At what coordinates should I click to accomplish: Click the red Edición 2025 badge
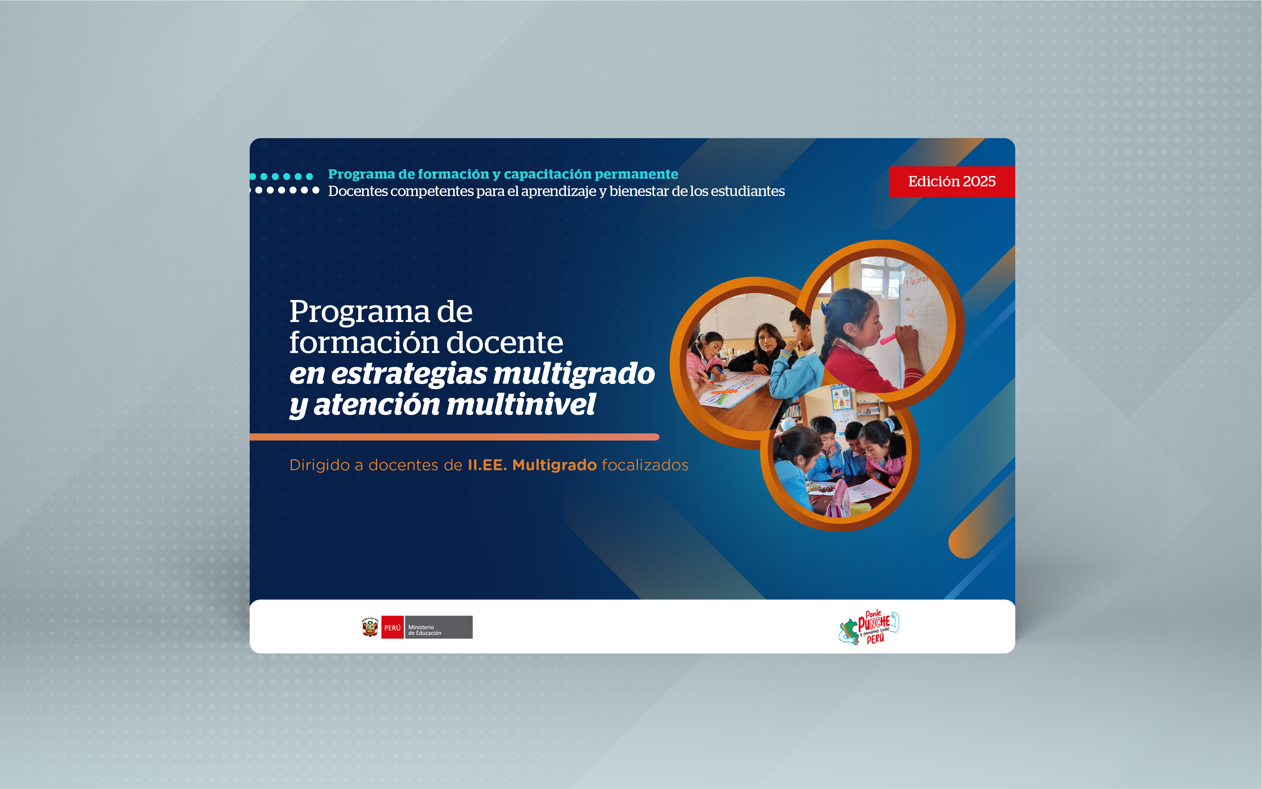952,182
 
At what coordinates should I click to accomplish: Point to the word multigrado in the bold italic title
574,374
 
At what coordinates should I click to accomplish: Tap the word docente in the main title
504,343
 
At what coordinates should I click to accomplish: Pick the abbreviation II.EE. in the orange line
487,465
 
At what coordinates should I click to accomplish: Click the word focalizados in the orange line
645,465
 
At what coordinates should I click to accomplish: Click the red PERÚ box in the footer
392,627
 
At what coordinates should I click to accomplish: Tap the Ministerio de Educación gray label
438,627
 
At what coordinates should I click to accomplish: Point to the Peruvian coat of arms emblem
370,627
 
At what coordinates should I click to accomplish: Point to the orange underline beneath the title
454,437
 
